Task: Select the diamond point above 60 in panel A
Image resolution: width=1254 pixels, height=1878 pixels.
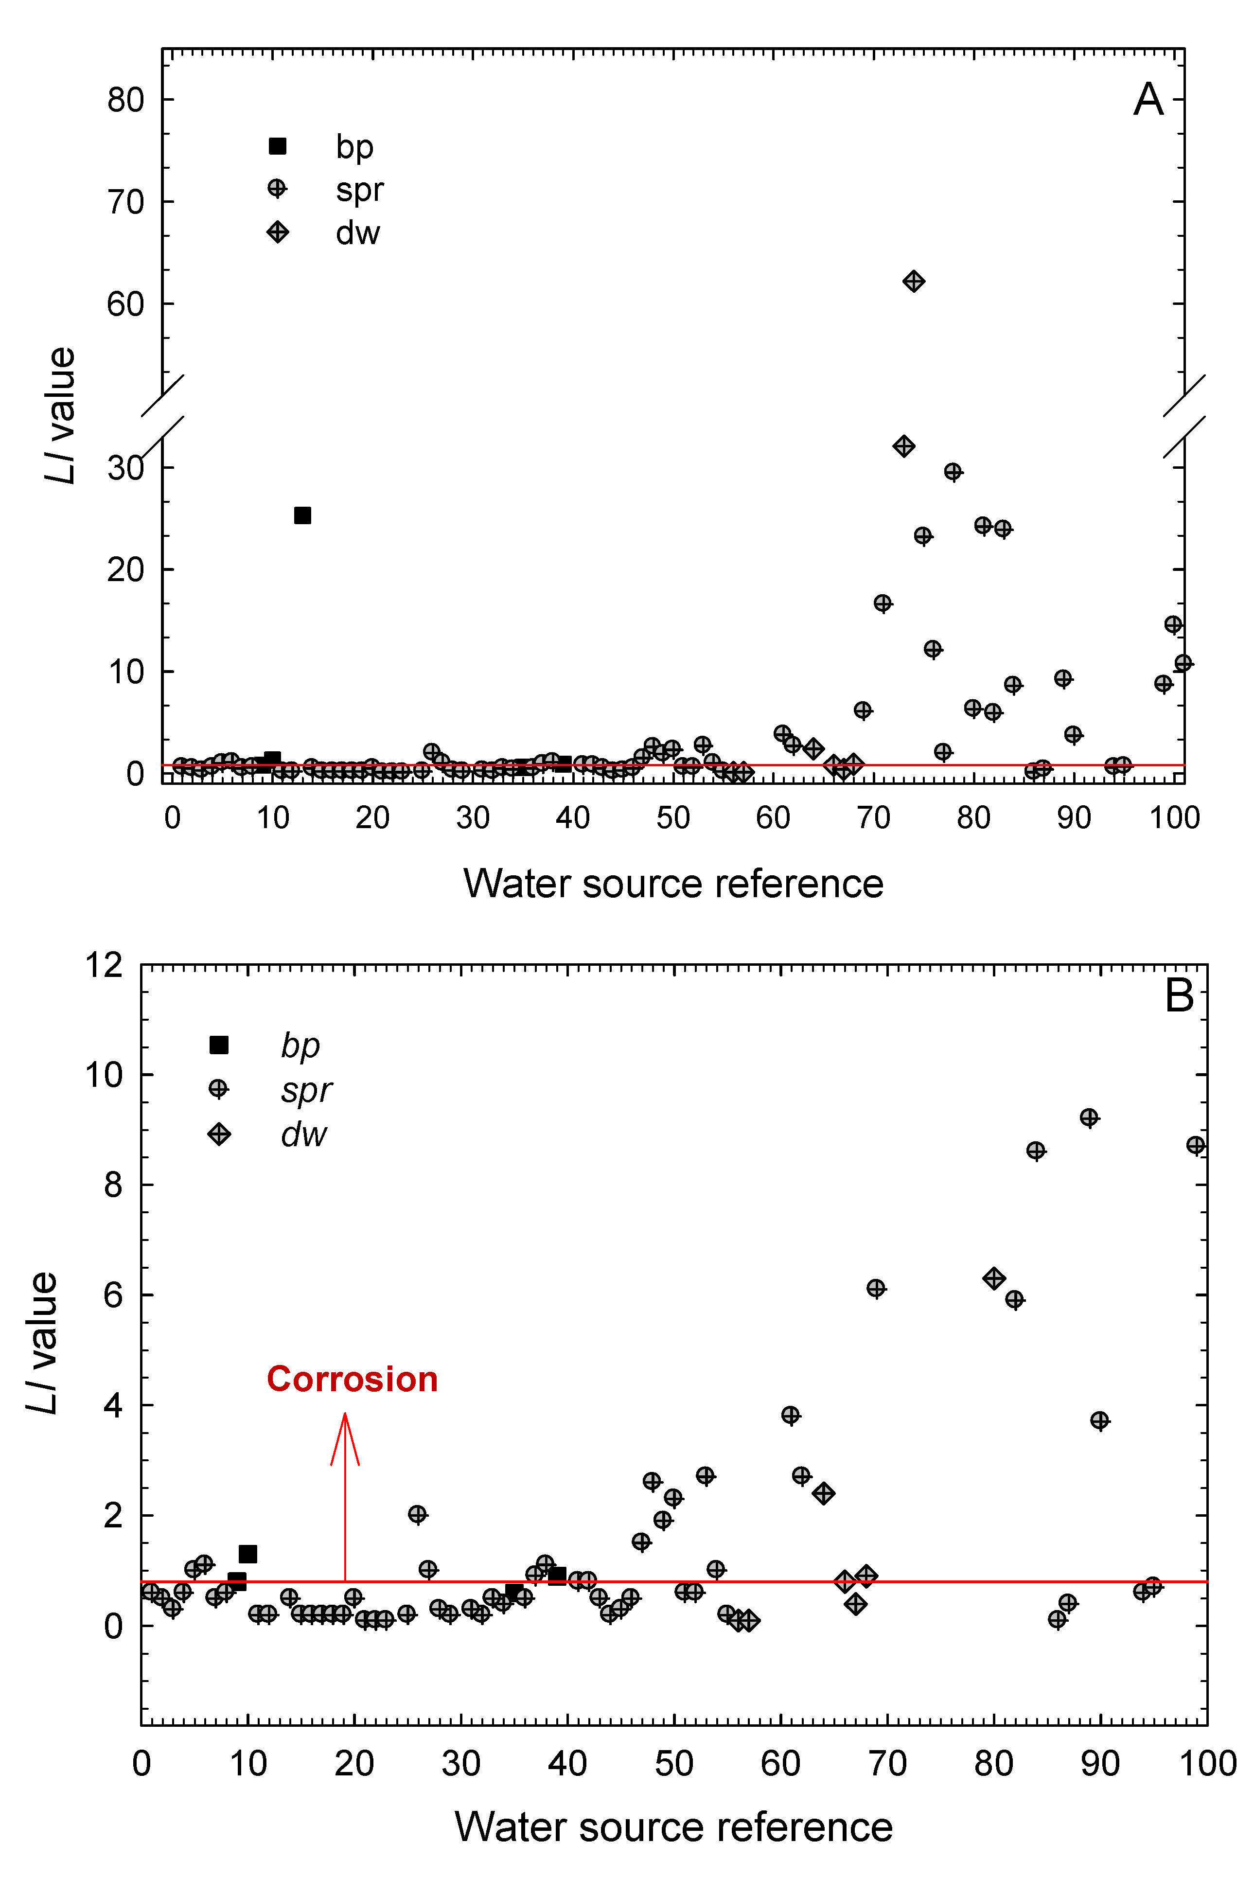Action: [913, 282]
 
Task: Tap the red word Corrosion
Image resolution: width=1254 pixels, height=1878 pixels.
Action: [352, 1380]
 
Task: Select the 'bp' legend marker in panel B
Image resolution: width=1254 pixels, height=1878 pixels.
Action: [218, 1045]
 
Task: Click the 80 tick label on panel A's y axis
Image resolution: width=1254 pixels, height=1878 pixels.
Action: [125, 100]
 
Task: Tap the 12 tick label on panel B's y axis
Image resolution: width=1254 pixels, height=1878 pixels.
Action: [104, 965]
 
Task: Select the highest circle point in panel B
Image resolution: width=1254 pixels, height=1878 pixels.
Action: [1089, 1117]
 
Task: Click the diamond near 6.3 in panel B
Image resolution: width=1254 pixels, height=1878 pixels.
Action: [993, 1278]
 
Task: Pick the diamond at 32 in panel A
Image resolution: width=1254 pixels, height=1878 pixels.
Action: [904, 446]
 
